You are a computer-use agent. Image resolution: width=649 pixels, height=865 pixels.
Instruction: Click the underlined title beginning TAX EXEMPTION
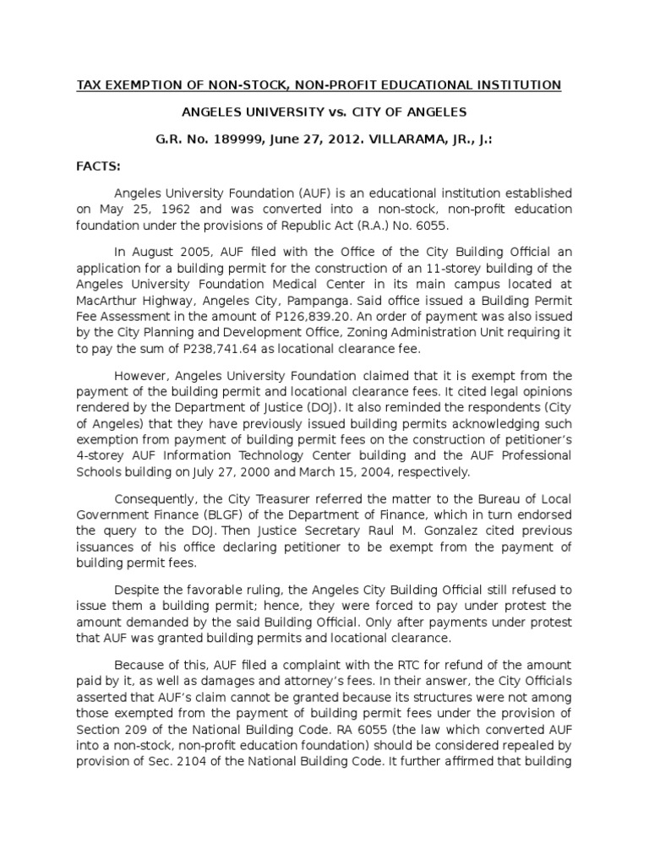(319, 84)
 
